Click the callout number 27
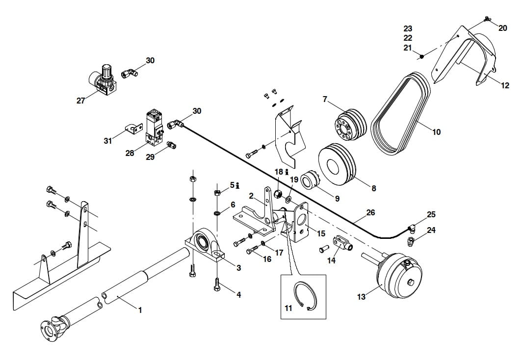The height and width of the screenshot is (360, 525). (81, 101)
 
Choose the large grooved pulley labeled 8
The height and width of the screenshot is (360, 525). (339, 164)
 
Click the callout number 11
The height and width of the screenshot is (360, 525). (288, 308)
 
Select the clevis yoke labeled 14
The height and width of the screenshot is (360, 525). (341, 243)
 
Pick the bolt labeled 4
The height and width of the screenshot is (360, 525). (216, 284)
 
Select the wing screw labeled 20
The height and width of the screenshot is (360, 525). (487, 19)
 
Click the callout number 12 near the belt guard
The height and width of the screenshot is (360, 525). (505, 85)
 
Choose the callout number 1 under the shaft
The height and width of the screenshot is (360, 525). (140, 310)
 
